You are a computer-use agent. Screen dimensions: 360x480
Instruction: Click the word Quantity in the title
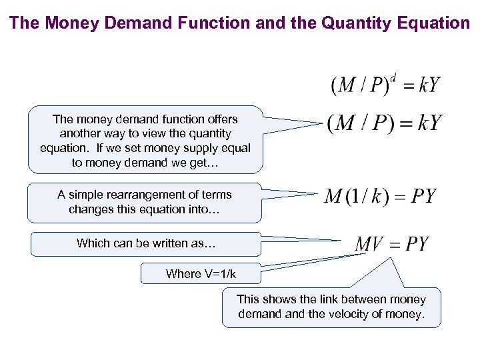tap(359, 23)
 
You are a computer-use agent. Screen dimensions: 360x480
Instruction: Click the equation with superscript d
tap(385, 85)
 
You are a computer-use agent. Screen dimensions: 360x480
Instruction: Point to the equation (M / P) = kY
tap(385, 123)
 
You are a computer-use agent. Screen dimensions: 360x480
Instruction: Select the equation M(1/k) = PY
tap(380, 196)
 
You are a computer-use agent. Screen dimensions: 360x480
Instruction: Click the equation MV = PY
tap(392, 243)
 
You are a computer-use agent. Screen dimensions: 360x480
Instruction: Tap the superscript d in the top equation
tap(393, 75)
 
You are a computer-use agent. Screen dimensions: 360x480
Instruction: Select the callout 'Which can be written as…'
tap(146, 243)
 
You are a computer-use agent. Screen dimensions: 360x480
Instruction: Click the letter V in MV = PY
tap(377, 243)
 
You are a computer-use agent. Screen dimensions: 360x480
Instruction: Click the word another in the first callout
tap(77, 133)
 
